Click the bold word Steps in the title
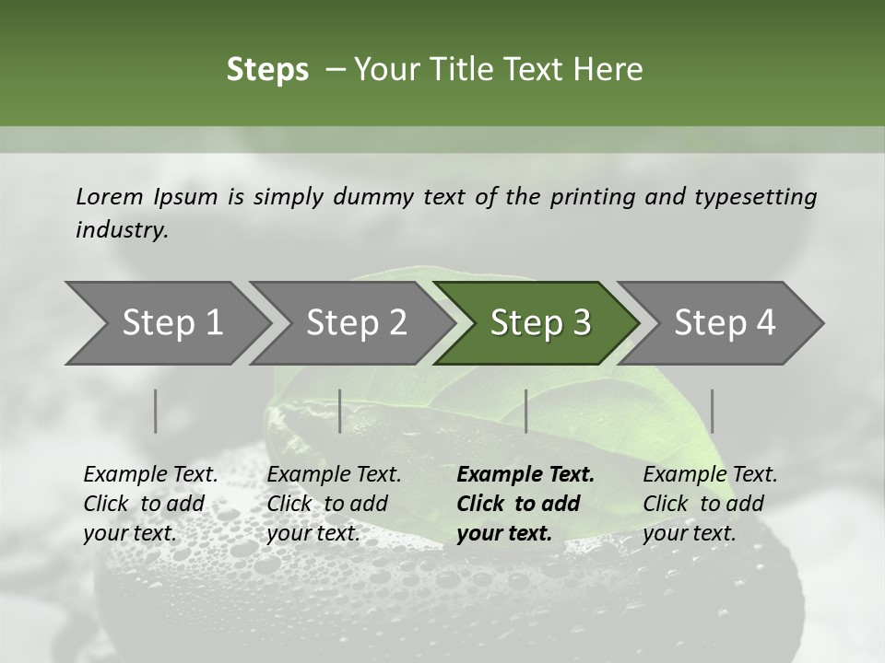coord(267,70)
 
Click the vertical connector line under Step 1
coord(156,411)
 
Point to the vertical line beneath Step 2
coord(340,411)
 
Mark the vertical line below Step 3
coord(525,411)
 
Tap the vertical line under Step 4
coord(712,411)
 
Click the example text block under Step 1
coord(150,504)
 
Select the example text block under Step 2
coord(334,504)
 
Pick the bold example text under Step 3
coord(525,504)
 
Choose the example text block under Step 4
coord(710,504)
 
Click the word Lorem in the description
coord(110,197)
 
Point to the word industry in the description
coord(122,230)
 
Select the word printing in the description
coord(593,197)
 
